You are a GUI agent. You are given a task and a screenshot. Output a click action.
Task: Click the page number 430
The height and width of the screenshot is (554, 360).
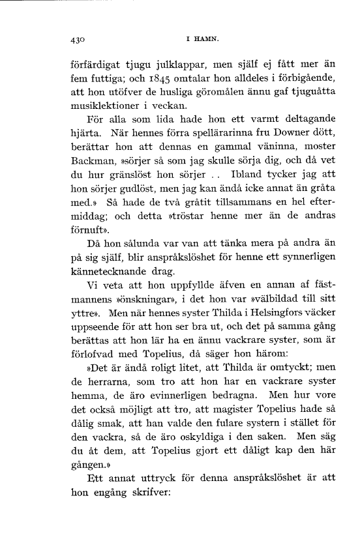[78, 40]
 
